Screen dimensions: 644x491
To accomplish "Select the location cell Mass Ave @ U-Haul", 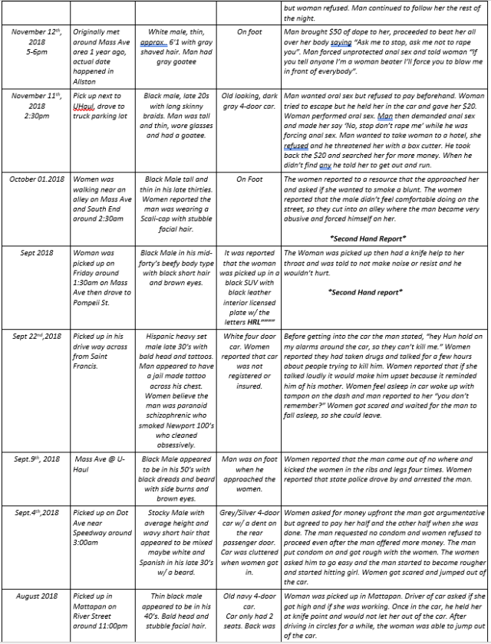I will coord(99,458).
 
